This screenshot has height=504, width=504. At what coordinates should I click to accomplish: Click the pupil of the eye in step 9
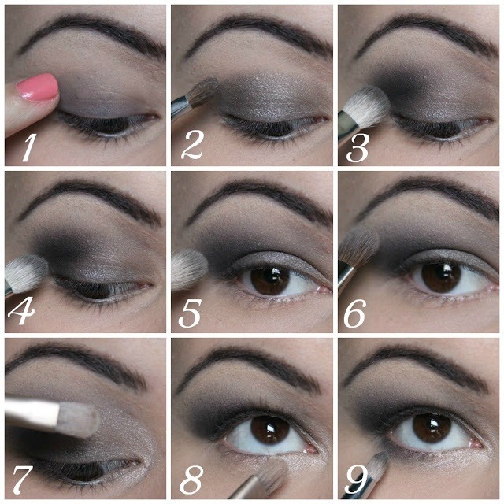(431, 429)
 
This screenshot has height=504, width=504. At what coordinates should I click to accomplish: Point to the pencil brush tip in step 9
(380, 462)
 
